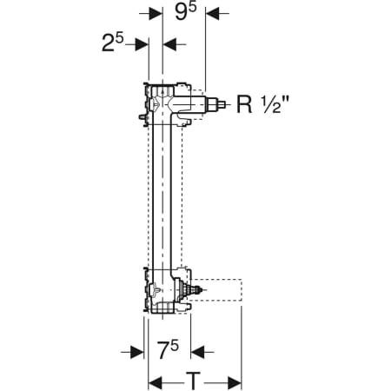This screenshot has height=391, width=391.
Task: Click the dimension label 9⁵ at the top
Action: coord(186,11)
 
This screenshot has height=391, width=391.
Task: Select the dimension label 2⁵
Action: coord(113,43)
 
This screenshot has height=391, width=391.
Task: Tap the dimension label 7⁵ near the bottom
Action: coord(168,349)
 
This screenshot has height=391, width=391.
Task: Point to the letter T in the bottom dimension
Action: coord(193,381)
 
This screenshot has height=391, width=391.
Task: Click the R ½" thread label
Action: coord(262,104)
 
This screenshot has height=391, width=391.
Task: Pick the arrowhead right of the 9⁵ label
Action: coord(213,13)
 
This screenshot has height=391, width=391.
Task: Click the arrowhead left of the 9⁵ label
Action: coord(156,13)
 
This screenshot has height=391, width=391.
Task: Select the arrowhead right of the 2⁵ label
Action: coord(142,44)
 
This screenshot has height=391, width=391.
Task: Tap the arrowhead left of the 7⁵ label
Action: coord(137,352)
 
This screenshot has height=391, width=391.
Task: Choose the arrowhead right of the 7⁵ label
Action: coord(198,352)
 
